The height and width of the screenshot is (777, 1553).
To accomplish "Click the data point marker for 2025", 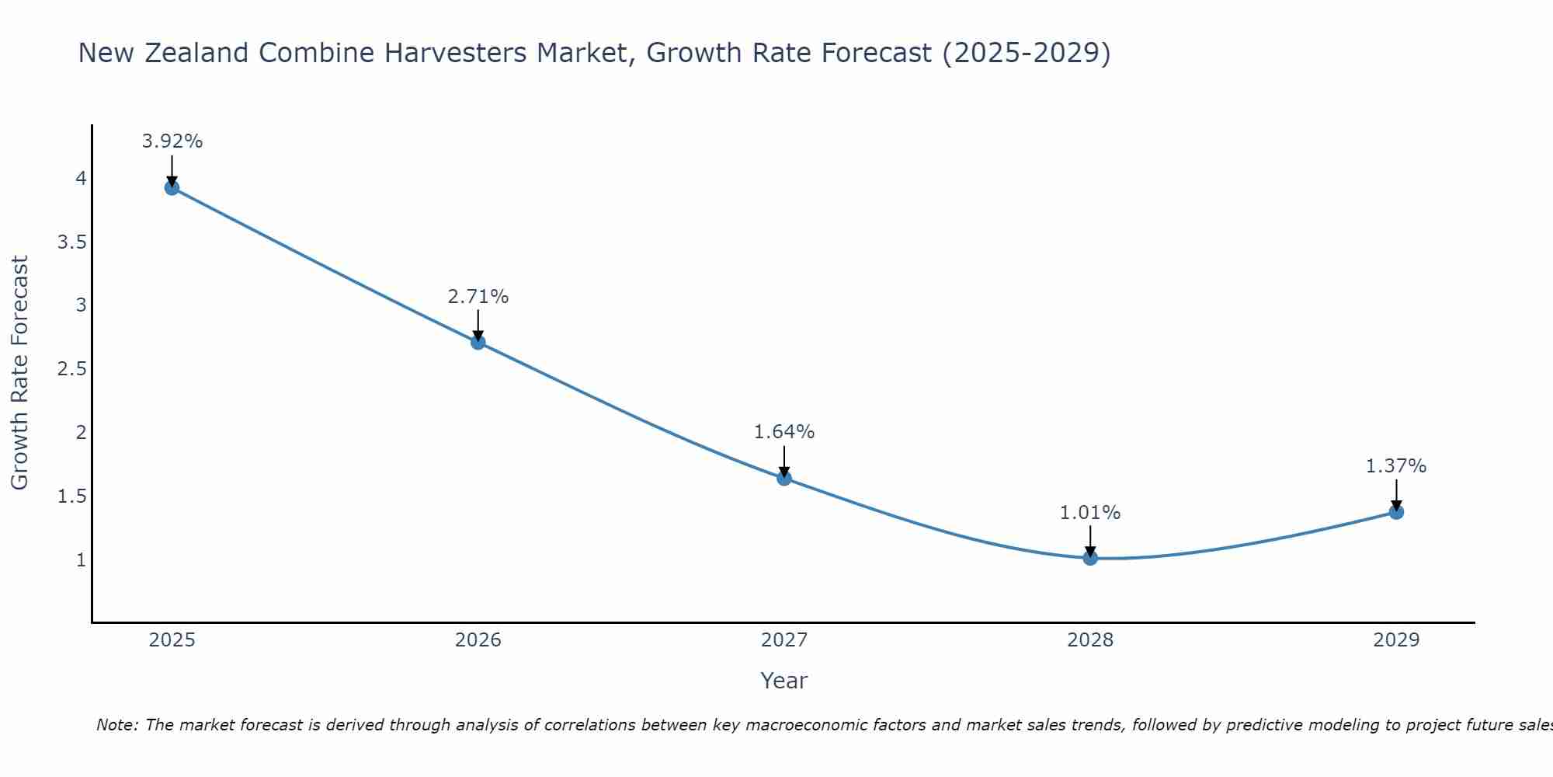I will click(x=172, y=187).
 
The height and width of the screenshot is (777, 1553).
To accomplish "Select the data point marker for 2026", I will click(x=478, y=342).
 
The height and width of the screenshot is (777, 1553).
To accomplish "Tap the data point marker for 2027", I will click(x=784, y=478).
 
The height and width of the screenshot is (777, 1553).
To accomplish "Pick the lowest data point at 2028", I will click(x=1090, y=557).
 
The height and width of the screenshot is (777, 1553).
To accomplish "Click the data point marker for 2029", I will click(x=1396, y=512).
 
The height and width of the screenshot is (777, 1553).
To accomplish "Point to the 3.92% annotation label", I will click(x=172, y=141).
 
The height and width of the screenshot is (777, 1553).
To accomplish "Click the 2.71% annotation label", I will click(x=478, y=297).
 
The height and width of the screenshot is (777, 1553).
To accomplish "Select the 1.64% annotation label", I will click(x=784, y=432).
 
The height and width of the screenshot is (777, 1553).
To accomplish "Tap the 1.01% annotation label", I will click(x=1090, y=513).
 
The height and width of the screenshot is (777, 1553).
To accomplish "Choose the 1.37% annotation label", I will click(x=1396, y=466).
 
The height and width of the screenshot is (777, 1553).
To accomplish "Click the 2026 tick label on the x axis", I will click(x=478, y=640).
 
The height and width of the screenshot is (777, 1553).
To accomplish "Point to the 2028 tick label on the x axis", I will click(x=1090, y=640).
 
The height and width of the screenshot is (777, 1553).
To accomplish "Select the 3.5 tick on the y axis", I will click(x=71, y=242).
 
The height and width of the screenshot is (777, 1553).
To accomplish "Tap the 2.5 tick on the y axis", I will click(x=71, y=369).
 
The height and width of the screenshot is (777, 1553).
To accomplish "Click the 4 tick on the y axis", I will click(x=81, y=179).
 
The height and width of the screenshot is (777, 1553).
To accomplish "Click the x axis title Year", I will click(x=784, y=681).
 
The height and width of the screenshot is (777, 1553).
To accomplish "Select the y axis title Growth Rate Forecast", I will click(x=19, y=373).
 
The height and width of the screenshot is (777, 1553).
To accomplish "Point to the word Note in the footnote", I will click(x=116, y=725).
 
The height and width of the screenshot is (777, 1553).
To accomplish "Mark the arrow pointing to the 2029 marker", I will click(x=1396, y=495).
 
